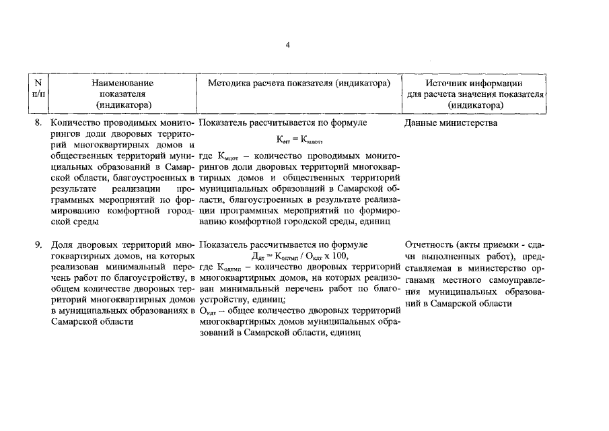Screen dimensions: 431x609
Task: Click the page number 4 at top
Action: [287, 44]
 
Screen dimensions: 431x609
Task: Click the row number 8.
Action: [38, 124]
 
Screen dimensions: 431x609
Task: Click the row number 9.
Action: [38, 244]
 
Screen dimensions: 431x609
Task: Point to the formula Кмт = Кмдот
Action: [295, 141]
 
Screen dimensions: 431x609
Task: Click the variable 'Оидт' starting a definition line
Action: [209, 310]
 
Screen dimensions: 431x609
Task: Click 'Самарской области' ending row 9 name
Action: [92, 322]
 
